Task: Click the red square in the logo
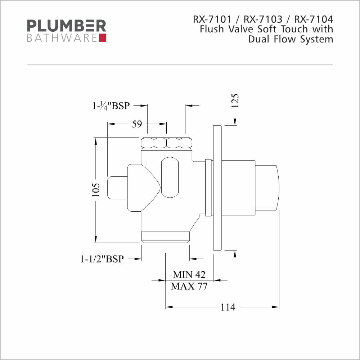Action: [x=103, y=38]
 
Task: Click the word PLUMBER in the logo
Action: [x=66, y=26]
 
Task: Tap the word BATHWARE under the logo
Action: [x=62, y=38]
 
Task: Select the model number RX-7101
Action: [x=212, y=19]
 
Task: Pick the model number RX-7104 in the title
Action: [x=314, y=19]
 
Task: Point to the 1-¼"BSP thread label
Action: [x=111, y=106]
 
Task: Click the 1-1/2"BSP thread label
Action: [x=102, y=259]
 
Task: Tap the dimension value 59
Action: [x=137, y=124]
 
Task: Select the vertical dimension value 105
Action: [x=96, y=190]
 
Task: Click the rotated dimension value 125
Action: [x=235, y=101]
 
